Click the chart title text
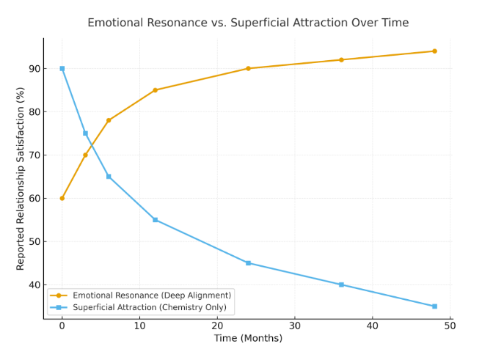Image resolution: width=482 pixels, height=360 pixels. click(248, 23)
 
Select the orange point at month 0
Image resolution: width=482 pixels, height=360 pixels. click(62, 198)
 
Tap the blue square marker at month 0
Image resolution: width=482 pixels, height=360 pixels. click(62, 68)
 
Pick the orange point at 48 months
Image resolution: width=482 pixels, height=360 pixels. click(434, 51)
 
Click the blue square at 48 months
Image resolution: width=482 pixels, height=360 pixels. click(434, 306)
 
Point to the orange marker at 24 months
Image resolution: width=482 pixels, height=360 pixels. click(248, 68)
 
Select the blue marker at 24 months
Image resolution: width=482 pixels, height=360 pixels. click(248, 263)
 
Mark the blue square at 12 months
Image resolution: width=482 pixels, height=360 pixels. click(155, 220)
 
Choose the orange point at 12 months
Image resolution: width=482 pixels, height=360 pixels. click(155, 90)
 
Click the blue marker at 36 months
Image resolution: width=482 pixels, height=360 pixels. click(341, 284)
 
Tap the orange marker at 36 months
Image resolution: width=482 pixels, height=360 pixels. click(341, 60)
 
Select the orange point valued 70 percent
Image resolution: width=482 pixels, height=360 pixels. click(85, 155)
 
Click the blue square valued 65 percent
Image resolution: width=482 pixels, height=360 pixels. click(109, 177)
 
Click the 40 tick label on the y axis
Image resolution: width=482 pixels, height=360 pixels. click(34, 285)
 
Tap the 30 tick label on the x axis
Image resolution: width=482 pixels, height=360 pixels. click(295, 325)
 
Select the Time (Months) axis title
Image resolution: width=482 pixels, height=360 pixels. click(248, 338)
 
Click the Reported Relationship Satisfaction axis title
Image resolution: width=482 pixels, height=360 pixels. click(21, 177)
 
